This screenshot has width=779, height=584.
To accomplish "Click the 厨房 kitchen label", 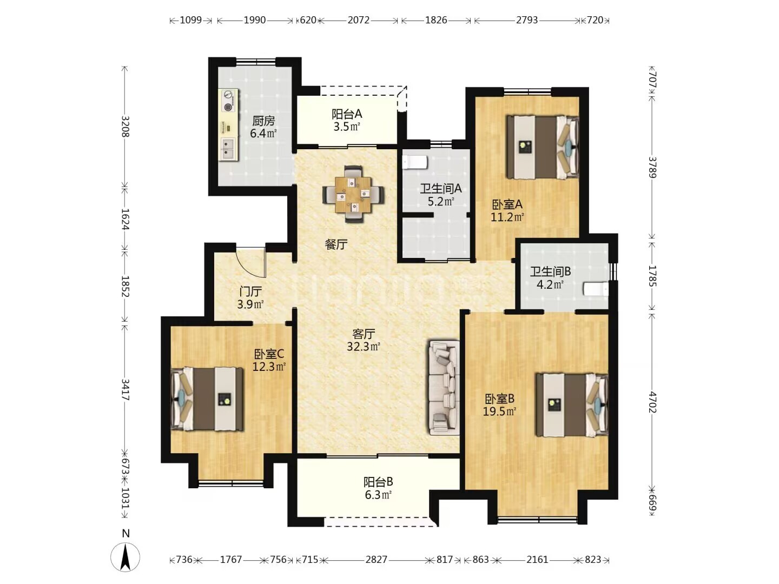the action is (x=263, y=121).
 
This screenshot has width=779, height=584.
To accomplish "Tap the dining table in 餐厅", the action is (x=353, y=194).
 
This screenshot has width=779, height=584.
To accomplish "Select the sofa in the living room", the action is (x=444, y=388).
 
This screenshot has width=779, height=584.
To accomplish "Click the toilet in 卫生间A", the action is (x=415, y=163).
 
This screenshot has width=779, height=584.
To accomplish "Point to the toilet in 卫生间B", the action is (x=596, y=289).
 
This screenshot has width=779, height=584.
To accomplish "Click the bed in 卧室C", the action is (x=207, y=399).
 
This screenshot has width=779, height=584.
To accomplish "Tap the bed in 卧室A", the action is (x=543, y=147).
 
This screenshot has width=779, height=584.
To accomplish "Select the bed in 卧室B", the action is (x=572, y=404).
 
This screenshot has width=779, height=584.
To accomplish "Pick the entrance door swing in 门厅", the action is (x=251, y=262).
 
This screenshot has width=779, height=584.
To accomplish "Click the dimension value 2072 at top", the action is (x=359, y=20).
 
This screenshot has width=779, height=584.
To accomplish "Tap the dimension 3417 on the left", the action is (x=126, y=389).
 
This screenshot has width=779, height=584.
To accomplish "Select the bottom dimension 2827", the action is (x=376, y=560).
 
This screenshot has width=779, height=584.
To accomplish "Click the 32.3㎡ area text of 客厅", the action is (x=364, y=347).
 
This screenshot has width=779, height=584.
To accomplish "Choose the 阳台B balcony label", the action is (x=378, y=482).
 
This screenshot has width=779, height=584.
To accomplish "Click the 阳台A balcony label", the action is (x=347, y=114).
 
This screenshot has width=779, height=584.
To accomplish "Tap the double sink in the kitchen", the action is (x=228, y=149).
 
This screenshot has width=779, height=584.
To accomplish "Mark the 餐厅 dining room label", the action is (x=336, y=244).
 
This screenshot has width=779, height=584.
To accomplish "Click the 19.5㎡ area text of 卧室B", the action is (x=499, y=412).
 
